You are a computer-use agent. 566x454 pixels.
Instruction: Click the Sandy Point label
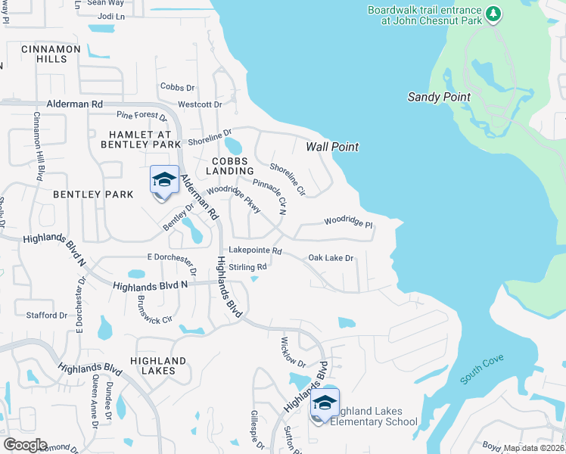coord(439,97)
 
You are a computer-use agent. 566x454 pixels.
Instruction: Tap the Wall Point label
coord(332,147)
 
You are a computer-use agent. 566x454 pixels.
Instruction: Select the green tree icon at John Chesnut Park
coord(493,14)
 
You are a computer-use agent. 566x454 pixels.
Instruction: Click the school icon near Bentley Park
coord(164,181)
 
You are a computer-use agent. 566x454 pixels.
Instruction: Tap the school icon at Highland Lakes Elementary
coord(325,403)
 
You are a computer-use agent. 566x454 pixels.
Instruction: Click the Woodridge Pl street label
coord(349,222)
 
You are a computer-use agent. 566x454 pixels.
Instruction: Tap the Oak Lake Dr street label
coord(331,258)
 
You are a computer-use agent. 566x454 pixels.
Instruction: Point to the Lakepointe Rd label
coord(255,250)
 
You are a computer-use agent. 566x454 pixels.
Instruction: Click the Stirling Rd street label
coord(248,267)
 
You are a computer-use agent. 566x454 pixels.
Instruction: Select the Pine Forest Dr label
coord(141,116)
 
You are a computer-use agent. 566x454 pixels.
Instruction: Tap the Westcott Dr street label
coord(200,104)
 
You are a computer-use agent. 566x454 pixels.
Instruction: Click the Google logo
coord(25,445)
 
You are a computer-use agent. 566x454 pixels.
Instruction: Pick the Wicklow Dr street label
coord(292,352)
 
